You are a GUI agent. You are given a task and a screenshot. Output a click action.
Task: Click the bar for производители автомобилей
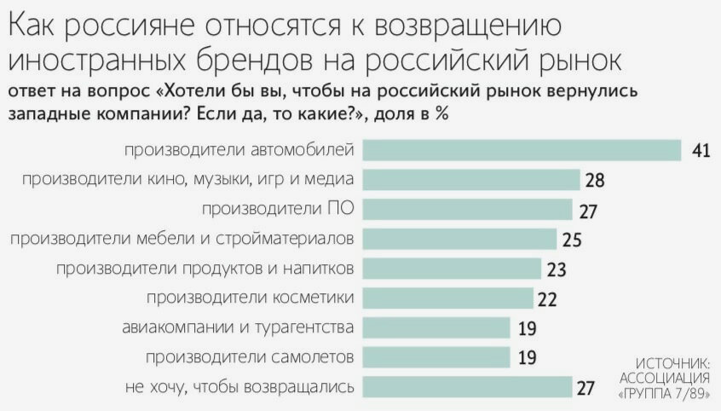[x=522, y=150]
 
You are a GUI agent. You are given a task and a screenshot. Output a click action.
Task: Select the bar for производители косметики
[x=447, y=298]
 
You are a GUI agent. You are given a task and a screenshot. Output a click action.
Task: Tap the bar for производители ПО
[x=467, y=210]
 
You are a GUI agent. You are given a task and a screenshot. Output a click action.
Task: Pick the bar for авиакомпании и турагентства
[x=435, y=327]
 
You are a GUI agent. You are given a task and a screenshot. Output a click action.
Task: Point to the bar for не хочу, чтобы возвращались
[x=467, y=386]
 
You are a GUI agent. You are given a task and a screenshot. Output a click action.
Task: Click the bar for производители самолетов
[x=435, y=357]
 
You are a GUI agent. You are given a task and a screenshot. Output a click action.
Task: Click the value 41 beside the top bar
[x=701, y=150]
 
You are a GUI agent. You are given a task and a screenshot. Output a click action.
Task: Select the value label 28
[x=595, y=180]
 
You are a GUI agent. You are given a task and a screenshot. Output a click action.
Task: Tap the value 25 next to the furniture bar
[x=572, y=240]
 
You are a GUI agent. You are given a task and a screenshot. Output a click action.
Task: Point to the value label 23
[x=557, y=269]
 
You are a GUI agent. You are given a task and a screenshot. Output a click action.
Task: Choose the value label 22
[x=547, y=299]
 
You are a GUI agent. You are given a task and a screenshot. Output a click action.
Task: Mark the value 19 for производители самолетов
[x=527, y=357]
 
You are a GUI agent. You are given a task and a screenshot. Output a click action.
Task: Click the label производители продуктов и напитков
[x=205, y=269]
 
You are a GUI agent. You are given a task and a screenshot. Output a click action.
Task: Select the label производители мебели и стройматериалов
[x=182, y=240]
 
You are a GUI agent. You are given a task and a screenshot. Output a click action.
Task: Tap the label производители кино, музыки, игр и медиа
[x=188, y=180]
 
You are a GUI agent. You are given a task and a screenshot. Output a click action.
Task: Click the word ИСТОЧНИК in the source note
[x=673, y=362]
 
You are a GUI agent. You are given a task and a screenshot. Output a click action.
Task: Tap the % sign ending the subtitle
[x=441, y=113]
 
